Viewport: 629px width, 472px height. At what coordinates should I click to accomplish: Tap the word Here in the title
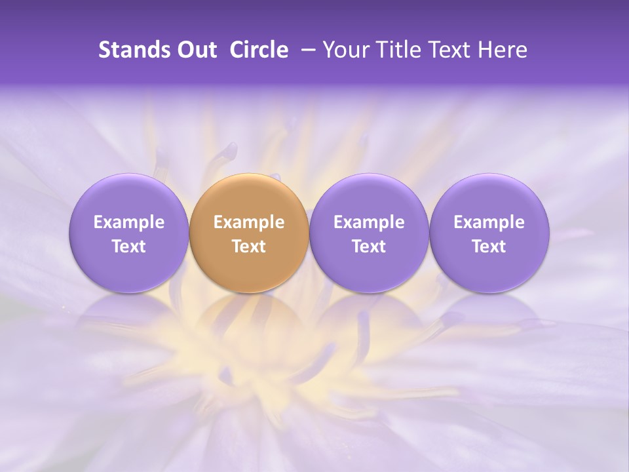tap(502, 50)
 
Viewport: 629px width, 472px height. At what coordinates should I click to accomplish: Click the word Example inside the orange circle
tap(249, 222)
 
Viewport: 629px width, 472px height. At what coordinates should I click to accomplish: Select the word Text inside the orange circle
tap(249, 246)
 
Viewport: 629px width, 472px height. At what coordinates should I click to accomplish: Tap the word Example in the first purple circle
tap(128, 222)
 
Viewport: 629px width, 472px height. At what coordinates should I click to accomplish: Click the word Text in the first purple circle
tap(128, 246)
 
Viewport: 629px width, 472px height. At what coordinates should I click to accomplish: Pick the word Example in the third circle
tap(369, 222)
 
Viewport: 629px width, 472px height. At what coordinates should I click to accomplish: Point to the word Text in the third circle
tap(369, 246)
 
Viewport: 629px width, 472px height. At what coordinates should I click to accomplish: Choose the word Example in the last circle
tap(489, 222)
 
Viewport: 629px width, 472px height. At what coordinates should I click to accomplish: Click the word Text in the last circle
tap(489, 246)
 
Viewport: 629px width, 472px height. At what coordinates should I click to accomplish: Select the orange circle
tap(249, 197)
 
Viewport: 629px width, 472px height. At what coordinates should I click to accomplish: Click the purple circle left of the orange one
tap(128, 197)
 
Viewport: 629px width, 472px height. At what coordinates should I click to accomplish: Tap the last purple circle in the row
tap(489, 197)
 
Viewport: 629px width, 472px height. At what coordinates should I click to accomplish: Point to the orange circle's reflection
tap(249, 321)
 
